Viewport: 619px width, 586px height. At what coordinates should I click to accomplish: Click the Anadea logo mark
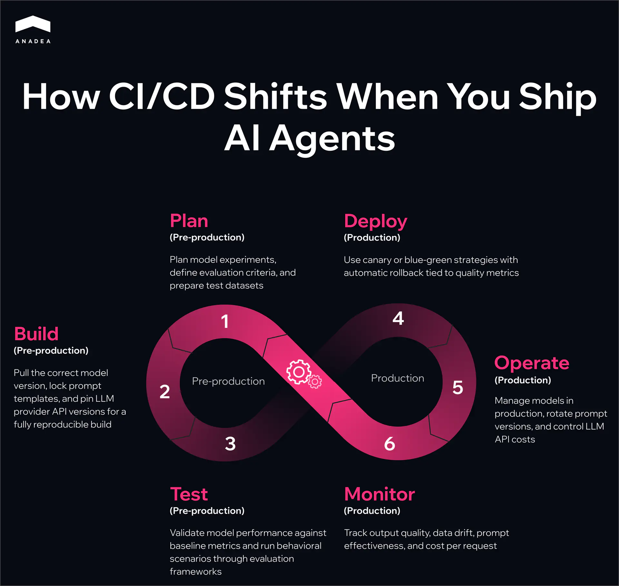click(x=33, y=24)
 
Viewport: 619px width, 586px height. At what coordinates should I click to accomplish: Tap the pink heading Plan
click(x=189, y=221)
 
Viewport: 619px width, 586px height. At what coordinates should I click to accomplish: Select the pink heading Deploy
click(x=375, y=222)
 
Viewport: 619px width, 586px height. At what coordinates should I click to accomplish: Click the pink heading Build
click(x=36, y=334)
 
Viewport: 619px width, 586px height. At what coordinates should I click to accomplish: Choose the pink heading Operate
click(x=532, y=363)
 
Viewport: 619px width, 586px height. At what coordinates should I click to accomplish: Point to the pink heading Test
click(x=189, y=494)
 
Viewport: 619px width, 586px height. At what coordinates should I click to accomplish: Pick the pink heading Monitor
click(x=379, y=494)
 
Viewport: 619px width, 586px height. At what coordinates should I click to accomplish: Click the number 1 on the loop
click(x=225, y=321)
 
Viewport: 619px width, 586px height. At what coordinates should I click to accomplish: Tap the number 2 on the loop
click(x=165, y=392)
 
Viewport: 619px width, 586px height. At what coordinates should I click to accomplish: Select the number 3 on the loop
click(x=230, y=444)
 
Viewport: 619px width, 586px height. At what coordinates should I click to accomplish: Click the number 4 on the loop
click(x=398, y=318)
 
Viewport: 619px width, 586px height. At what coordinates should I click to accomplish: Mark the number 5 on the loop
click(x=457, y=388)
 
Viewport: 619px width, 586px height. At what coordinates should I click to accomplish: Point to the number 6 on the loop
click(x=389, y=444)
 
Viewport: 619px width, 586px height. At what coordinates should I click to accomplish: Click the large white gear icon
click(x=299, y=372)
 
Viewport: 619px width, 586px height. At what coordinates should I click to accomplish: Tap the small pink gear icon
click(x=315, y=382)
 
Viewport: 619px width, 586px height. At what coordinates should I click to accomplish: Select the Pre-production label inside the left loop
click(x=228, y=381)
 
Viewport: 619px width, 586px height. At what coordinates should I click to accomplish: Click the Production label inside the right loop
click(x=398, y=378)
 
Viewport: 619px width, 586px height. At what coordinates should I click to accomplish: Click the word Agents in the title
click(x=332, y=138)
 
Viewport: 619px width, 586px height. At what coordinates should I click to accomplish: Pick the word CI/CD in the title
click(x=162, y=96)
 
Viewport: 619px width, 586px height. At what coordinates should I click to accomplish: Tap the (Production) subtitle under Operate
click(x=523, y=380)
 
